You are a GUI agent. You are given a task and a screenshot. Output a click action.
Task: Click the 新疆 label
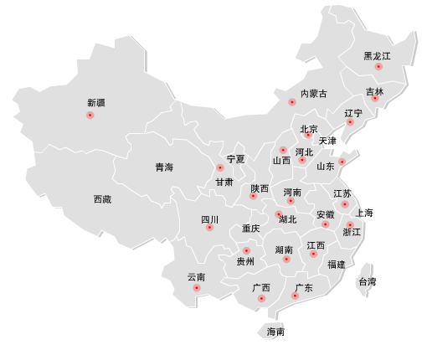(x=96, y=103)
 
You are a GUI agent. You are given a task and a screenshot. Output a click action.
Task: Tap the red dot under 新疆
(x=90, y=116)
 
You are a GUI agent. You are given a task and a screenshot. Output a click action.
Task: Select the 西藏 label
(x=102, y=199)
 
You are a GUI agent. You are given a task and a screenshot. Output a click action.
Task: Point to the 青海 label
(x=164, y=167)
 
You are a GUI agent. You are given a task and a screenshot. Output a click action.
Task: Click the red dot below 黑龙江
(x=378, y=66)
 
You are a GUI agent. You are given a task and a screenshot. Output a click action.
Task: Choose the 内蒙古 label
(x=314, y=94)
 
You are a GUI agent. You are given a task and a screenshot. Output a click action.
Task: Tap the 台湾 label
(x=367, y=281)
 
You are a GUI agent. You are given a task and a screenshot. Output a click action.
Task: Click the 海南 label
(x=275, y=332)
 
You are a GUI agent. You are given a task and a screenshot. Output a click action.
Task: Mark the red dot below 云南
(x=197, y=288)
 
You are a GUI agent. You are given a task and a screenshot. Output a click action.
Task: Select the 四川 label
(x=209, y=219)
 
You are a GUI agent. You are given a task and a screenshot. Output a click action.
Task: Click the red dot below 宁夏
(x=220, y=168)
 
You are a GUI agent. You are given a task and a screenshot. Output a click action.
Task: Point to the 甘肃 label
(x=224, y=182)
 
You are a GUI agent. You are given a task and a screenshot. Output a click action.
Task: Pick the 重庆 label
(x=251, y=228)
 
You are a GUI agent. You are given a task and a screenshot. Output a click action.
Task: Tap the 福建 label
(x=337, y=264)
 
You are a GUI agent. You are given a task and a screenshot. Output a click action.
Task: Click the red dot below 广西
(x=261, y=298)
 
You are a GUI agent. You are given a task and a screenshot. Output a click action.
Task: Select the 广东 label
(x=304, y=288)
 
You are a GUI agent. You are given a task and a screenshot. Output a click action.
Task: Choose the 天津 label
(x=327, y=141)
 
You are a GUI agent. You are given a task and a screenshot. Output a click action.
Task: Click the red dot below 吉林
(x=375, y=99)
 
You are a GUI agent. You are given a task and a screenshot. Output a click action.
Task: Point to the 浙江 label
(x=352, y=232)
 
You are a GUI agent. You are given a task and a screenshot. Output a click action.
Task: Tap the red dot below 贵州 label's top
(x=246, y=251)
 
